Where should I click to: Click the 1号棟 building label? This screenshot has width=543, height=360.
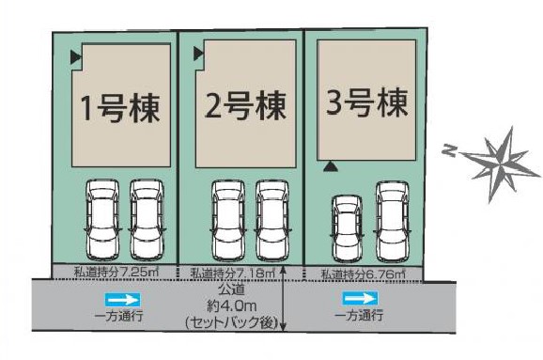coord(120,108)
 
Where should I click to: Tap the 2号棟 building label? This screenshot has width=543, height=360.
coord(245,105)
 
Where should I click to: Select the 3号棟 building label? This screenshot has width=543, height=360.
coord(366,102)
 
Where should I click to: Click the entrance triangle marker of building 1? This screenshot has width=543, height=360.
coord(75,57)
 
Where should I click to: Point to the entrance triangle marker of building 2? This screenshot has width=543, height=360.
coord(198,54)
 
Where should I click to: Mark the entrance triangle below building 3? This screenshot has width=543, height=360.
coord(331,167)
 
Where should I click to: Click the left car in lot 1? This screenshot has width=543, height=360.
coord(102,220)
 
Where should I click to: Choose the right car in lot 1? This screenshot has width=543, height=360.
coord(147,220)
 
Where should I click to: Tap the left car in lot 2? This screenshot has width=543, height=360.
coord(228,221)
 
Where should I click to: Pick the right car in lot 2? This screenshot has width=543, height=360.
coord(272,221)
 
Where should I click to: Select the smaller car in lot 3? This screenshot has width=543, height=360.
coord(348,228)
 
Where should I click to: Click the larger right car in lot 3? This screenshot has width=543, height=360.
coord(393,222)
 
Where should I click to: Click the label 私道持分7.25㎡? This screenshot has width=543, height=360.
coord(116,272)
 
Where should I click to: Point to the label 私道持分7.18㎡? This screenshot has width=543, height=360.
coord(233,273)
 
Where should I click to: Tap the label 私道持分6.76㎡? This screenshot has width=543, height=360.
coord(364,274)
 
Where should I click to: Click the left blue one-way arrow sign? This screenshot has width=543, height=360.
coord(123,300)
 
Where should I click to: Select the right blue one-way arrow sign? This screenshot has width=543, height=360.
coord(360,299)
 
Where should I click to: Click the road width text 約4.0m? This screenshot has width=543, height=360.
coord(232,305)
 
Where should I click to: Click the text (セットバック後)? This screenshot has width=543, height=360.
coord(232,323)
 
